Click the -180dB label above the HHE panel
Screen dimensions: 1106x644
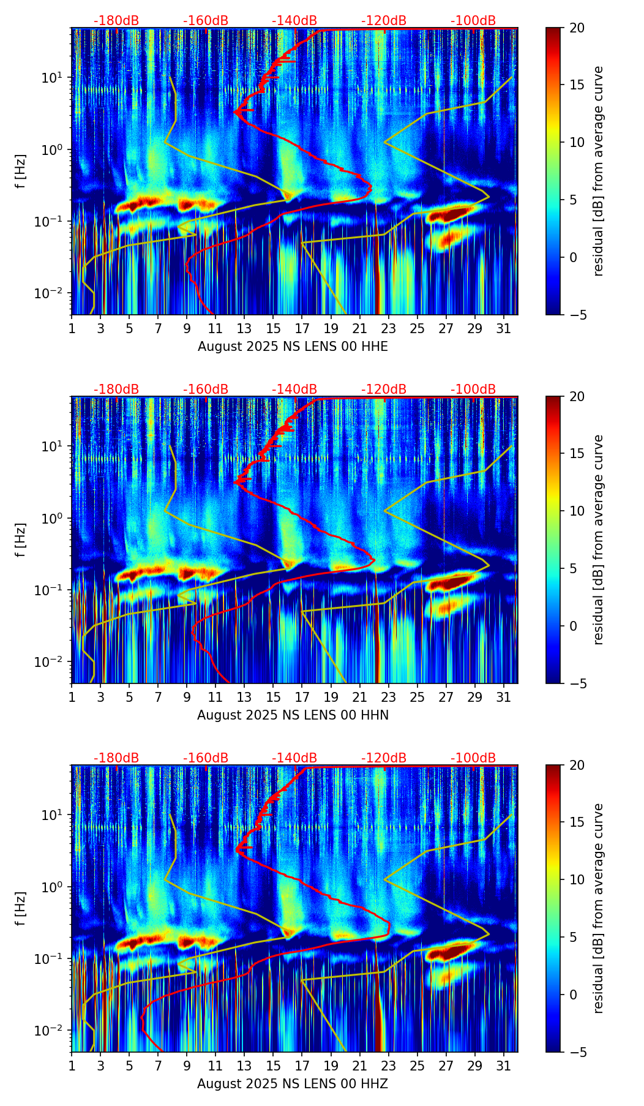tap(116, 21)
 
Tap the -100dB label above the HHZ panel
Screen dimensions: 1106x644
tap(473, 758)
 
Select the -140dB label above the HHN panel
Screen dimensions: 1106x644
tap(294, 389)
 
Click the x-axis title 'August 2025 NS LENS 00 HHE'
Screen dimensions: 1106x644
tap(293, 347)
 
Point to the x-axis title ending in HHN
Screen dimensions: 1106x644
tap(293, 715)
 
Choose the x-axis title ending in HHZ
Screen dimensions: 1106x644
tap(293, 1084)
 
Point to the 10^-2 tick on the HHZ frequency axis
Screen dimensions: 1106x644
tap(56, 1031)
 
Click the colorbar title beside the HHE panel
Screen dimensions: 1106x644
tap(599, 171)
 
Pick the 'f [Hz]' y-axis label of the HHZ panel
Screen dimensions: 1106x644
tap(21, 908)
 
